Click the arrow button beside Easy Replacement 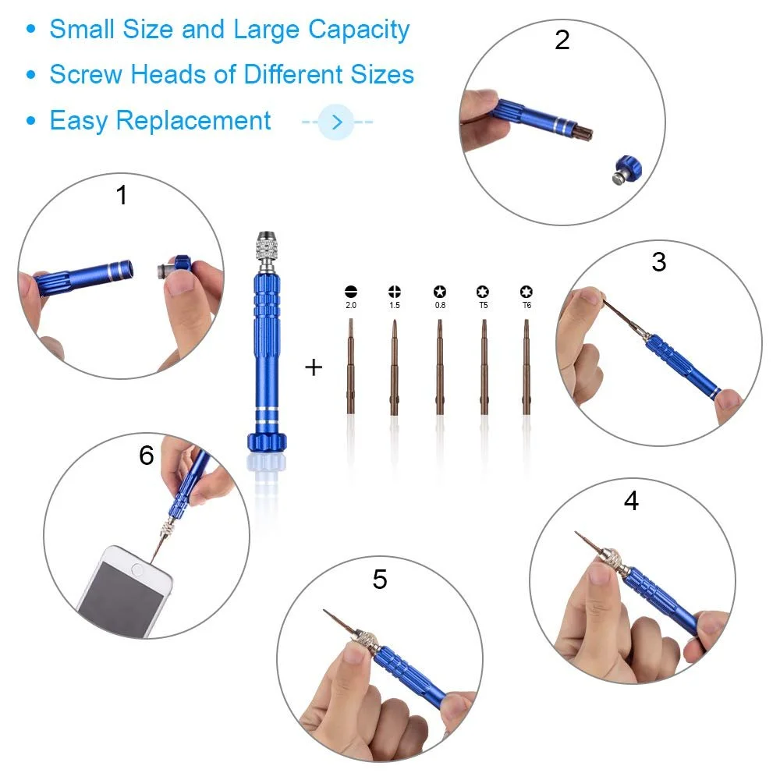click(x=336, y=122)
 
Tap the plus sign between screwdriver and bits click(x=314, y=367)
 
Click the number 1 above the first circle click(x=121, y=195)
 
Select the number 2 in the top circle click(x=562, y=40)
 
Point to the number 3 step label click(x=659, y=262)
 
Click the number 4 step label click(x=631, y=501)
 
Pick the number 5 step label click(x=380, y=580)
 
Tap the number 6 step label click(x=147, y=456)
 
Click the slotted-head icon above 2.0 click(x=351, y=292)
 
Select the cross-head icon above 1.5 click(x=395, y=292)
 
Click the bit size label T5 click(x=483, y=306)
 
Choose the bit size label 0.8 click(x=439, y=306)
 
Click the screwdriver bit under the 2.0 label click(x=351, y=367)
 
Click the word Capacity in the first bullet click(x=359, y=30)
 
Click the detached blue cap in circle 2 click(x=626, y=169)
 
